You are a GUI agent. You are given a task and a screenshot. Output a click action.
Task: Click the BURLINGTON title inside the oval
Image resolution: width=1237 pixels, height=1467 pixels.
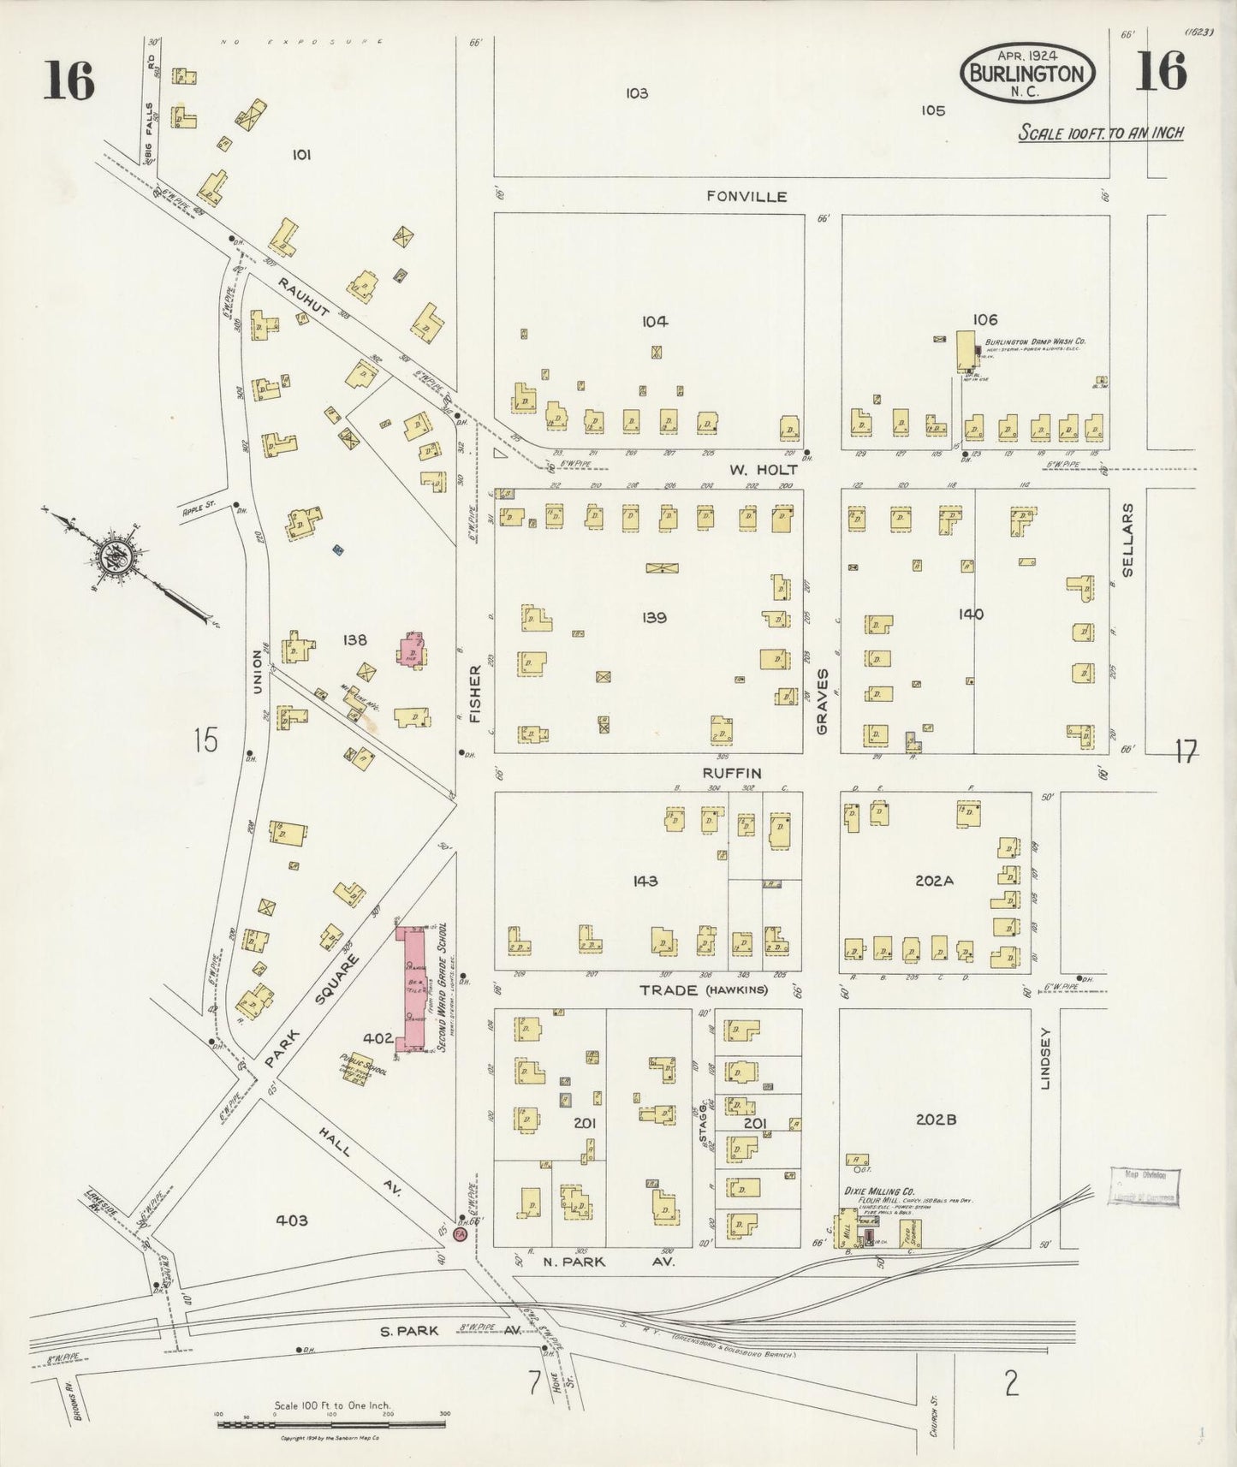(x=1027, y=74)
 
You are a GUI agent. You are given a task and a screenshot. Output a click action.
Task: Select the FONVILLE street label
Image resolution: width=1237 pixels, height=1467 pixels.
(x=746, y=196)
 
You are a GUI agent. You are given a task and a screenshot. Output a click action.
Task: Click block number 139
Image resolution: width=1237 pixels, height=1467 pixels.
(x=654, y=617)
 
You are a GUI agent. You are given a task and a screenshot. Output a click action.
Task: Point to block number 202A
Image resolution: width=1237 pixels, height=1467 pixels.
(x=934, y=880)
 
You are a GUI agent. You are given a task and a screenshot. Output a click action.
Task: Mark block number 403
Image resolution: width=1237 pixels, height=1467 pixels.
(x=291, y=1220)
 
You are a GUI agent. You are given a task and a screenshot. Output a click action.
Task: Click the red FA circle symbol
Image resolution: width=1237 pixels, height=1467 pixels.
(x=460, y=1236)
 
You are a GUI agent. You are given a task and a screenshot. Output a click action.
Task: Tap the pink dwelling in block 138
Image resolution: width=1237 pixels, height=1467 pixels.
(x=412, y=650)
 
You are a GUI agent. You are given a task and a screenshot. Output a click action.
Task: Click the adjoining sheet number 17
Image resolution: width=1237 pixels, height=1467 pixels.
(x=1185, y=752)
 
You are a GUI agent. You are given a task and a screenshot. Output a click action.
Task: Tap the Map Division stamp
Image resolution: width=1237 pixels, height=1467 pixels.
(x=1145, y=1185)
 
